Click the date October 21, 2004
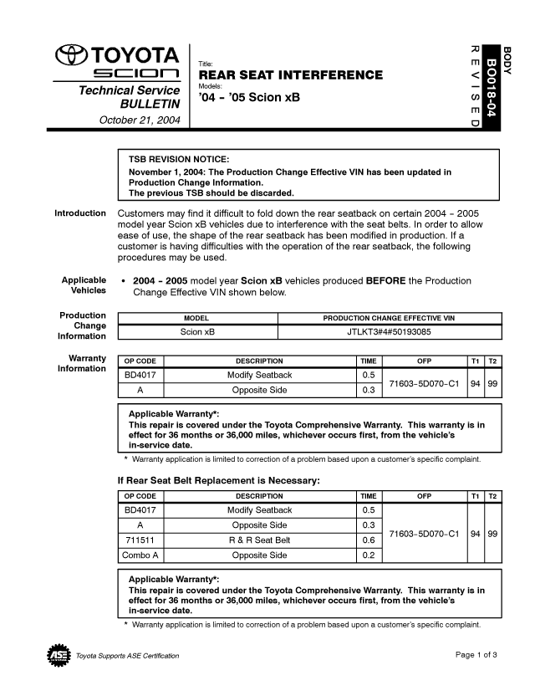coord(140,120)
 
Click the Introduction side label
coord(80,213)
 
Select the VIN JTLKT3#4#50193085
coord(389,332)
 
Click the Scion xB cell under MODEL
coord(197,332)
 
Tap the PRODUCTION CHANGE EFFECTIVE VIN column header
coord(389,319)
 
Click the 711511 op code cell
coord(140,540)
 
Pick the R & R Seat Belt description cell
coord(259,540)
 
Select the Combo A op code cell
coord(140,555)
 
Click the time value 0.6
coord(367,540)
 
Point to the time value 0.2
coord(367,555)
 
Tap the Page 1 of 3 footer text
coord(476,654)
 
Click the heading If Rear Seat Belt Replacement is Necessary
coord(218,480)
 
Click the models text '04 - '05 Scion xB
coord(248,98)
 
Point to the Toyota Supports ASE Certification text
coord(127,655)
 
